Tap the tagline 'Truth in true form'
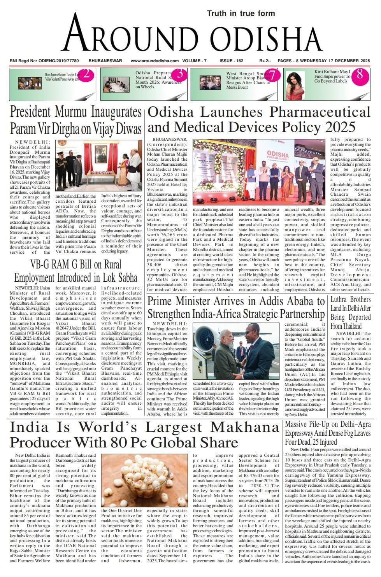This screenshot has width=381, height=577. pyautogui.click(x=241, y=13)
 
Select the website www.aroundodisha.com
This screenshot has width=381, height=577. pyautogui.click(x=155, y=61)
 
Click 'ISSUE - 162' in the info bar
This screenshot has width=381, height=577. pyautogui.click(x=231, y=61)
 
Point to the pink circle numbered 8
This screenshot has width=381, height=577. pyautogui.click(x=360, y=74)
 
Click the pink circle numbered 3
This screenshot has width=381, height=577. pyautogui.click(x=180, y=74)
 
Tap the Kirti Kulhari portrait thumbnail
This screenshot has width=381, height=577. pyautogui.click(x=298, y=85)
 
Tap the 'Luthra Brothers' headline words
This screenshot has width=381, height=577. pyautogui.click(x=350, y=300)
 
